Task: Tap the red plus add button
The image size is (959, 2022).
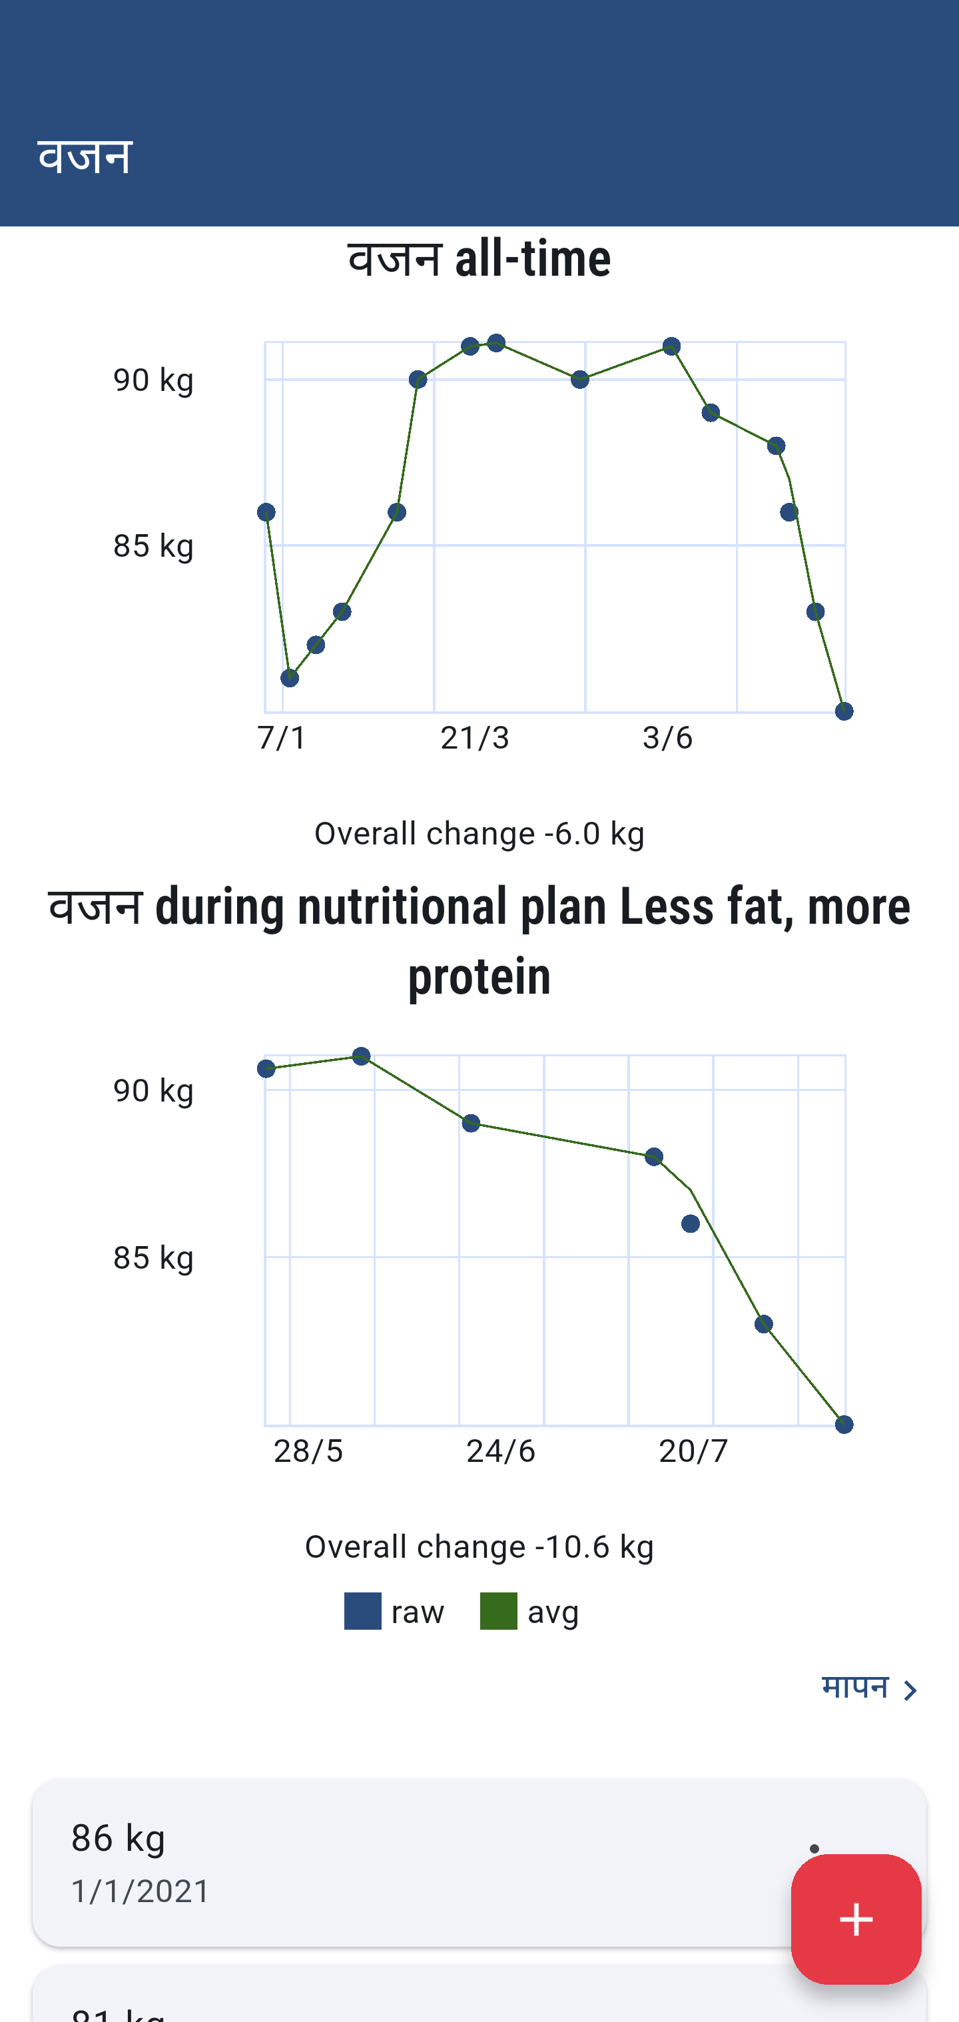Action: click(x=855, y=1919)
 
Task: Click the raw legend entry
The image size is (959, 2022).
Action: click(x=395, y=1612)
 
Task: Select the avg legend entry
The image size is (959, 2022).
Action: click(x=529, y=1612)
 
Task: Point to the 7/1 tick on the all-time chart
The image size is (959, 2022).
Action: click(x=282, y=738)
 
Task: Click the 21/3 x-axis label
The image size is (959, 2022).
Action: click(x=475, y=738)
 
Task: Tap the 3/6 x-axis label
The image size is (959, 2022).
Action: click(x=667, y=738)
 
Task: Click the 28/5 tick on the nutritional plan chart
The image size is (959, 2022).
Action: click(x=308, y=1451)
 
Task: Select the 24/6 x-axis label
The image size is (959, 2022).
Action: click(x=501, y=1451)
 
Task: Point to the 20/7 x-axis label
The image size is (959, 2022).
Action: click(x=693, y=1451)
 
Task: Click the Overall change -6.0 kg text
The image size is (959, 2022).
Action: click(x=479, y=834)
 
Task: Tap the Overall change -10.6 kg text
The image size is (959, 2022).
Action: click(x=479, y=1547)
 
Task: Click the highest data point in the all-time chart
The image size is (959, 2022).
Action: click(x=496, y=343)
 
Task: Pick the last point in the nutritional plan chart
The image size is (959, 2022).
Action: click(x=844, y=1425)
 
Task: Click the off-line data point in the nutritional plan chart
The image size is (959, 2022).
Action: click(x=691, y=1223)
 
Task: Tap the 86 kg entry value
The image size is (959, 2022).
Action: click(x=119, y=1838)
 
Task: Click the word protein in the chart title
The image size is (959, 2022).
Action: click(x=479, y=976)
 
